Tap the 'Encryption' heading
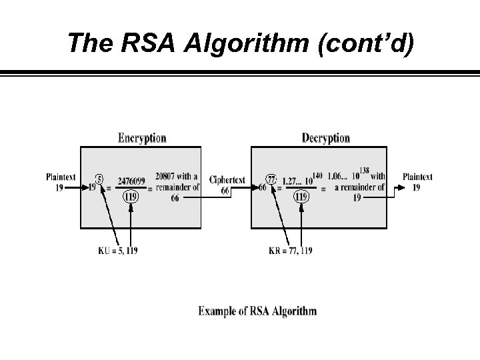coord(142,138)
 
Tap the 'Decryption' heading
coord(325,138)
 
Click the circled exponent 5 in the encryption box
coord(99,179)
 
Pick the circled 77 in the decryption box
coord(271,179)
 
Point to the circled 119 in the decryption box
coord(301,197)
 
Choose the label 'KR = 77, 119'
coord(290,250)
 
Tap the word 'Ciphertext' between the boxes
coord(227,180)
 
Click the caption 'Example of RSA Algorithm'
coord(257,311)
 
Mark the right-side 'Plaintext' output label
coord(417,177)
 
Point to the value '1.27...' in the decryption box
coord(294,181)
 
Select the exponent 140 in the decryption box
coord(317,175)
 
